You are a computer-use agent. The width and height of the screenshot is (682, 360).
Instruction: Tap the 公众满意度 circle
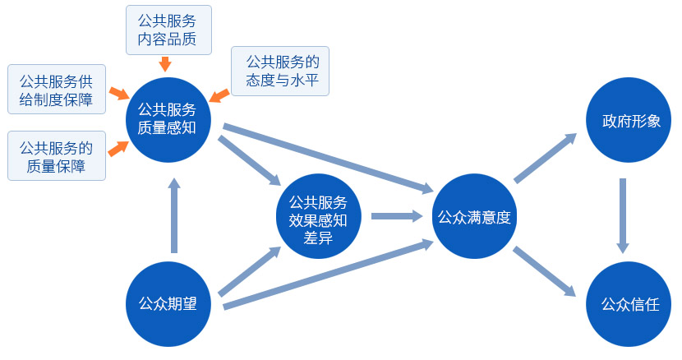coord(474,218)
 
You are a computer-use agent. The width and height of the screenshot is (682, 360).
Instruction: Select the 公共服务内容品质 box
coord(168,29)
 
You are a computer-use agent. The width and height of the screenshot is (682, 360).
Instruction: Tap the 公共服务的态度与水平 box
coord(280,71)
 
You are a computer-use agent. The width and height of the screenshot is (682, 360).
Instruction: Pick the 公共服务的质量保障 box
coord(56,156)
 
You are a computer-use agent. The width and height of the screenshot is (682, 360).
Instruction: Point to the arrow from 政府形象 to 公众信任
coord(623,215)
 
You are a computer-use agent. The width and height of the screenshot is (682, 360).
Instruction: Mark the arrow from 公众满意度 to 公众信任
coord(545,271)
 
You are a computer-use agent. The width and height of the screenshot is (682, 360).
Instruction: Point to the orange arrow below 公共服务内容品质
coord(165,63)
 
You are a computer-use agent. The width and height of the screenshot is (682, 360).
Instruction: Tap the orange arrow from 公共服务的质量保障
coord(118,147)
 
